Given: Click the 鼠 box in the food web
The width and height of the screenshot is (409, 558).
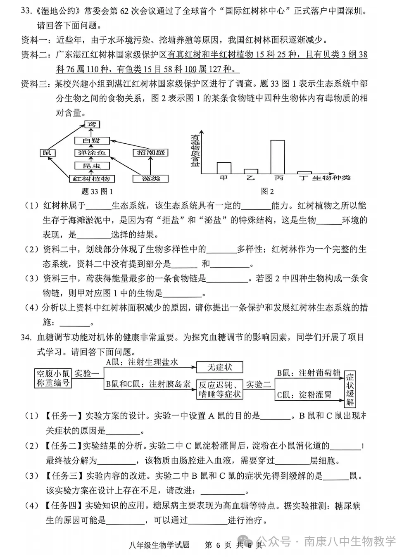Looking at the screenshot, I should coord(47,153).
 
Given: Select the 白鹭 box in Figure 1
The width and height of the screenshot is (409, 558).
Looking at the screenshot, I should coord(91,140).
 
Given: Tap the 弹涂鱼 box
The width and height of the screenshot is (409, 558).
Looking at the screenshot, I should coord(91,153).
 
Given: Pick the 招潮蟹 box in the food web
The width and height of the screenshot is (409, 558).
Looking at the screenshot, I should coord(150,153).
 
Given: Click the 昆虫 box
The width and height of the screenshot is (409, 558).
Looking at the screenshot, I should coord(91,166).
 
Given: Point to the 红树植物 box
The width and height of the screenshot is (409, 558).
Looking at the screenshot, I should coord(91,179).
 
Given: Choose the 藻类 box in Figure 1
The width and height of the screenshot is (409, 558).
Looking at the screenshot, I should coord(150,179).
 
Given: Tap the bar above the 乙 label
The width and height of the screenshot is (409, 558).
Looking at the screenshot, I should coord(251,171).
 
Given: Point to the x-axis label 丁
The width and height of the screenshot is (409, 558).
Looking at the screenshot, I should coord(304,178).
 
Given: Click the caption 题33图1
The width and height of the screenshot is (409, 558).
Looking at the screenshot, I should coord(97,191).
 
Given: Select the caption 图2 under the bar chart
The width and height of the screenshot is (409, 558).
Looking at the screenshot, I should coord(267,191).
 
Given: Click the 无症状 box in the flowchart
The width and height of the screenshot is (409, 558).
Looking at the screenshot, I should coord(219,367).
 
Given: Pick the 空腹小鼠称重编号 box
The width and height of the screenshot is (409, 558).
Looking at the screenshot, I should coord(53,378).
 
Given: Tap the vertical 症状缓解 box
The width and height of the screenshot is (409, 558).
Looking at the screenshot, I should coord(350,388).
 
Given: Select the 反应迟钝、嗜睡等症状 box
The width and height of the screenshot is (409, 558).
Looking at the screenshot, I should coord(219,389).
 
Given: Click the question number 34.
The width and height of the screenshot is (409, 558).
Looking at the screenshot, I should coord(26,337).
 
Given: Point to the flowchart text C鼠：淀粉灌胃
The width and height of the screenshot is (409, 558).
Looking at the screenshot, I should coord(304,395).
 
